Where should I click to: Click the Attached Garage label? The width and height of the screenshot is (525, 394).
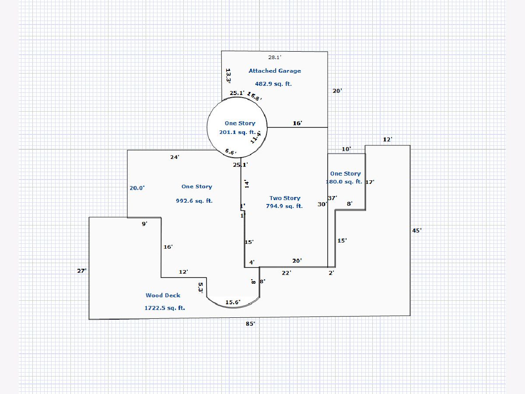point(275,70)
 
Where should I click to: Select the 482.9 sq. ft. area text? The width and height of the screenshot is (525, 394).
point(273,84)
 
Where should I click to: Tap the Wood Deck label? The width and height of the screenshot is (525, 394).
point(163,295)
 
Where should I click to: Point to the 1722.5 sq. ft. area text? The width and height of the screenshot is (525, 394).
point(164,308)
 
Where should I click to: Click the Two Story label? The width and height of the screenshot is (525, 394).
point(285,198)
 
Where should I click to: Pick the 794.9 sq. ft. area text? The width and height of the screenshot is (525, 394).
point(284,206)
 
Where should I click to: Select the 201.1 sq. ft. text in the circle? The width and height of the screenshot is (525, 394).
point(237,132)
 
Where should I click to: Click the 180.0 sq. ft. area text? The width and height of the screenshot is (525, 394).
point(344,182)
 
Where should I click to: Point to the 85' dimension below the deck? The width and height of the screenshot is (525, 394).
point(250,324)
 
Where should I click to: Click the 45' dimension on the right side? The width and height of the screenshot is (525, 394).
point(417,230)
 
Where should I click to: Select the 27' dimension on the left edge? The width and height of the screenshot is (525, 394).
point(82,271)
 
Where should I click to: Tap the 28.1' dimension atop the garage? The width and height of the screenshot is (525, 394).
point(275,57)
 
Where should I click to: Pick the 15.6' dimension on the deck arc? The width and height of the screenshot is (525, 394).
point(233,303)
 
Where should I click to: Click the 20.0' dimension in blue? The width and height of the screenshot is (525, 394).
point(137,188)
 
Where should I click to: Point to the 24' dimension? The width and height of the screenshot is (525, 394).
point(175,157)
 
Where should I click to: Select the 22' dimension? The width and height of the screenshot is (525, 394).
point(287,273)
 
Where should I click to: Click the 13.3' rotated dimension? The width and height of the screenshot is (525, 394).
point(228,75)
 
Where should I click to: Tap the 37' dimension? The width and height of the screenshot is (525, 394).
point(332,198)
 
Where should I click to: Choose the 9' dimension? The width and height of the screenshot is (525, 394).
point(144,224)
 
